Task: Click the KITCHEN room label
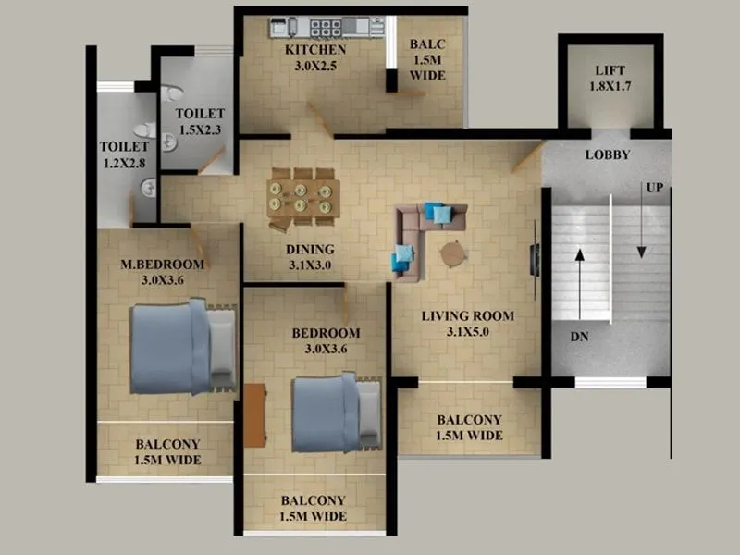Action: [x=315, y=50]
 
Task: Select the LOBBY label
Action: [x=607, y=154]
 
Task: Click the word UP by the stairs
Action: [x=655, y=188]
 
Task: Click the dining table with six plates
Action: [x=302, y=197]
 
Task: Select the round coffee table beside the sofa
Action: [x=454, y=253]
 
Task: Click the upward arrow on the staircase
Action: [x=580, y=282]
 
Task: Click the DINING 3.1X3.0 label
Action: [x=310, y=257]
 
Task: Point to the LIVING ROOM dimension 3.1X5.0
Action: [x=467, y=331]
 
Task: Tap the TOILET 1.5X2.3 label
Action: [x=200, y=122]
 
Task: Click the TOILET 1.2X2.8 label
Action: [x=124, y=154]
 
